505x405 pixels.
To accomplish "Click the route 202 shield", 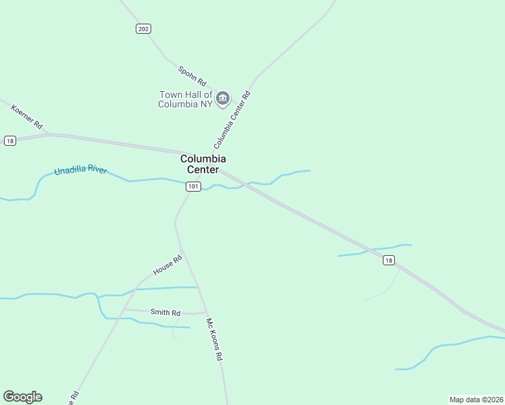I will pyautogui.click(x=142, y=28).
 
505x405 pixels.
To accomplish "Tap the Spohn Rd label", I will pyautogui.click(x=192, y=75).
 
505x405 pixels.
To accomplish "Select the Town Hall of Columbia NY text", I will pyautogui.click(x=185, y=99).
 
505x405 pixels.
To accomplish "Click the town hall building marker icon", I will pyautogui.click(x=223, y=99).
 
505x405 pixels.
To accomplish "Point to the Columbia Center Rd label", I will pyautogui.click(x=232, y=120).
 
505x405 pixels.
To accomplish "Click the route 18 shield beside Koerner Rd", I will pyautogui.click(x=9, y=140).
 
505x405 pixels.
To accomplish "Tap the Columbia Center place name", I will pyautogui.click(x=203, y=164).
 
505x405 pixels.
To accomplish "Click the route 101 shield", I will pyautogui.click(x=193, y=186).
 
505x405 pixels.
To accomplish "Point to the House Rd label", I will pyautogui.click(x=168, y=265).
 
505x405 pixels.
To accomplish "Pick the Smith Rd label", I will pyautogui.click(x=165, y=313).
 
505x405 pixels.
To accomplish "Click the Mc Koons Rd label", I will pyautogui.click(x=215, y=340).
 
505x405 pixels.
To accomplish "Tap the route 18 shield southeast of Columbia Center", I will pyautogui.click(x=388, y=261).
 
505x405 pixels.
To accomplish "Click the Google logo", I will pyautogui.click(x=22, y=397).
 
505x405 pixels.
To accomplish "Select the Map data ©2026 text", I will pyautogui.click(x=476, y=400).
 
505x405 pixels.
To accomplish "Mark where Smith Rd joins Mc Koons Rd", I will pyautogui.click(x=205, y=313).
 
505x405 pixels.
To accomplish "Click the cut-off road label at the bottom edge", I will pyautogui.click(x=73, y=398).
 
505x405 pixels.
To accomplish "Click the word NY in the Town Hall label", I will pyautogui.click(x=205, y=104).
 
